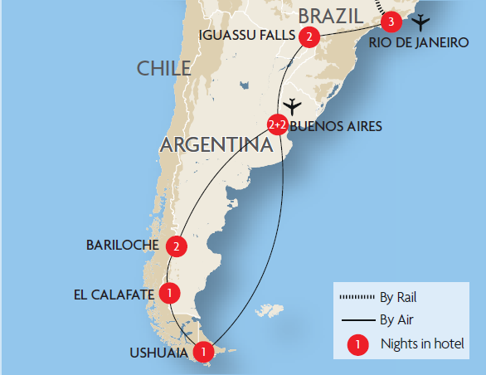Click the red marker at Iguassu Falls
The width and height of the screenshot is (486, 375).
pos(309,37)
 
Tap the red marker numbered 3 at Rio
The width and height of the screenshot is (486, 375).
pos(391,21)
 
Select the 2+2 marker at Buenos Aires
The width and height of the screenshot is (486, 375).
pos(277,124)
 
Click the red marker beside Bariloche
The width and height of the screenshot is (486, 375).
pos(175,246)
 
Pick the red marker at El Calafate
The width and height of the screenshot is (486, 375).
pos(169,292)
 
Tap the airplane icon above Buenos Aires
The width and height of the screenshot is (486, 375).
pos(292,107)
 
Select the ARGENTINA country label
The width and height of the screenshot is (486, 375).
pos(216,145)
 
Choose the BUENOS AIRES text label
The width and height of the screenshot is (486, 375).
pos(335,127)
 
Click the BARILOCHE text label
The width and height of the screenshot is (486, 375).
pos(124,246)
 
